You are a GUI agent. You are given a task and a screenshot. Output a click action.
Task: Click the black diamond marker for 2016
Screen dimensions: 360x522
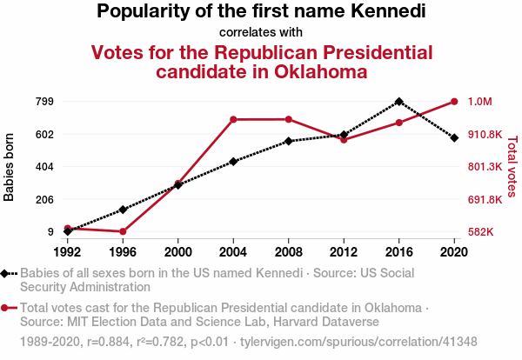[x=398, y=102]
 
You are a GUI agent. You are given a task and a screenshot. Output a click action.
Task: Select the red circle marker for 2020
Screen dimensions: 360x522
[x=454, y=102]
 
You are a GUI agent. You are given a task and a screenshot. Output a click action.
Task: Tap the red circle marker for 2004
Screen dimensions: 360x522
[x=233, y=119]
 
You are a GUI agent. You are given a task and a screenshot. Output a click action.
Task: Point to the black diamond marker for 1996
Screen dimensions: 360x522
[x=123, y=210]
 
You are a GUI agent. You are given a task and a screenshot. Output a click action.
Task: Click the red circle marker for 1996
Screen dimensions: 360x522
[x=123, y=231]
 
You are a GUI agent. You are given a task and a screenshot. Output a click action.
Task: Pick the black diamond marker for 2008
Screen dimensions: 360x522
[x=288, y=141]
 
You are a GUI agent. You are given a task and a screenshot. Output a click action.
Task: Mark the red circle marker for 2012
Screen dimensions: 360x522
[x=344, y=140]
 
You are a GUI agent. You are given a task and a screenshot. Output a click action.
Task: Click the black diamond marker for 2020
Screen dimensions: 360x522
[x=454, y=137]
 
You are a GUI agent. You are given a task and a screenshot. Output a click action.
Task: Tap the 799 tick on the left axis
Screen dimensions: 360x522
[x=44, y=102]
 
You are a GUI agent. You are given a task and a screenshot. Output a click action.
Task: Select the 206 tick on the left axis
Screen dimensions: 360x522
[x=44, y=199]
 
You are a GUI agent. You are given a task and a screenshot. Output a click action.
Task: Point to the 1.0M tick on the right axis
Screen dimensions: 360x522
[x=480, y=102]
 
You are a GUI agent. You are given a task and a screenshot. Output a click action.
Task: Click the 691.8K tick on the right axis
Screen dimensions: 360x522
[x=485, y=199]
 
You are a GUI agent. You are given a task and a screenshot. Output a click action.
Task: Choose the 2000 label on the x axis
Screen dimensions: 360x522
[x=177, y=251]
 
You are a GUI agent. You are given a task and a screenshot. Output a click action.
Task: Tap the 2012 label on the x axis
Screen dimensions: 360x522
[x=344, y=251]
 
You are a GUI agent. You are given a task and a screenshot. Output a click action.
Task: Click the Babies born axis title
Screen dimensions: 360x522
[x=10, y=167]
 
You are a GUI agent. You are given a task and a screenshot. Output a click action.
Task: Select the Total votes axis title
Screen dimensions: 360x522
[x=512, y=167]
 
